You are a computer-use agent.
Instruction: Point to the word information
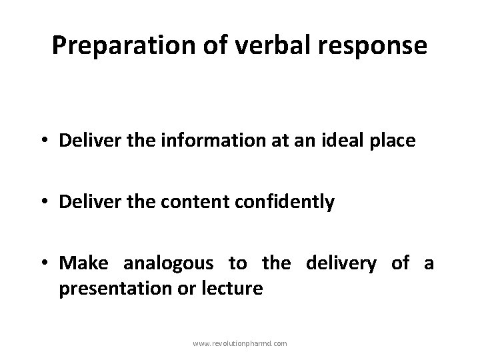point(179,141)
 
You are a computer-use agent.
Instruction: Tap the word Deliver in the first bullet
point(84,141)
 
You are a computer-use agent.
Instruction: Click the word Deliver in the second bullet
point(84,202)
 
